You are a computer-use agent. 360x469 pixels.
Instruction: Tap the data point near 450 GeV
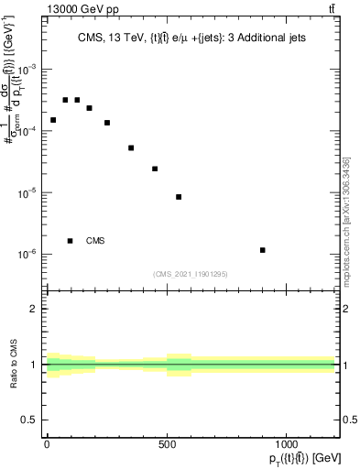point(155,169)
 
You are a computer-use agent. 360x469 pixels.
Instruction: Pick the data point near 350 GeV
point(131,147)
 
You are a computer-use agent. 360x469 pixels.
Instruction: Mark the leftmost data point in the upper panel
point(53,120)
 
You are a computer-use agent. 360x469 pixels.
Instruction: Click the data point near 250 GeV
point(107,123)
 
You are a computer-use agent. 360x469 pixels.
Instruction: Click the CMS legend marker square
point(71,241)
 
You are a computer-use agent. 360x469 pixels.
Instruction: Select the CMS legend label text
point(95,241)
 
